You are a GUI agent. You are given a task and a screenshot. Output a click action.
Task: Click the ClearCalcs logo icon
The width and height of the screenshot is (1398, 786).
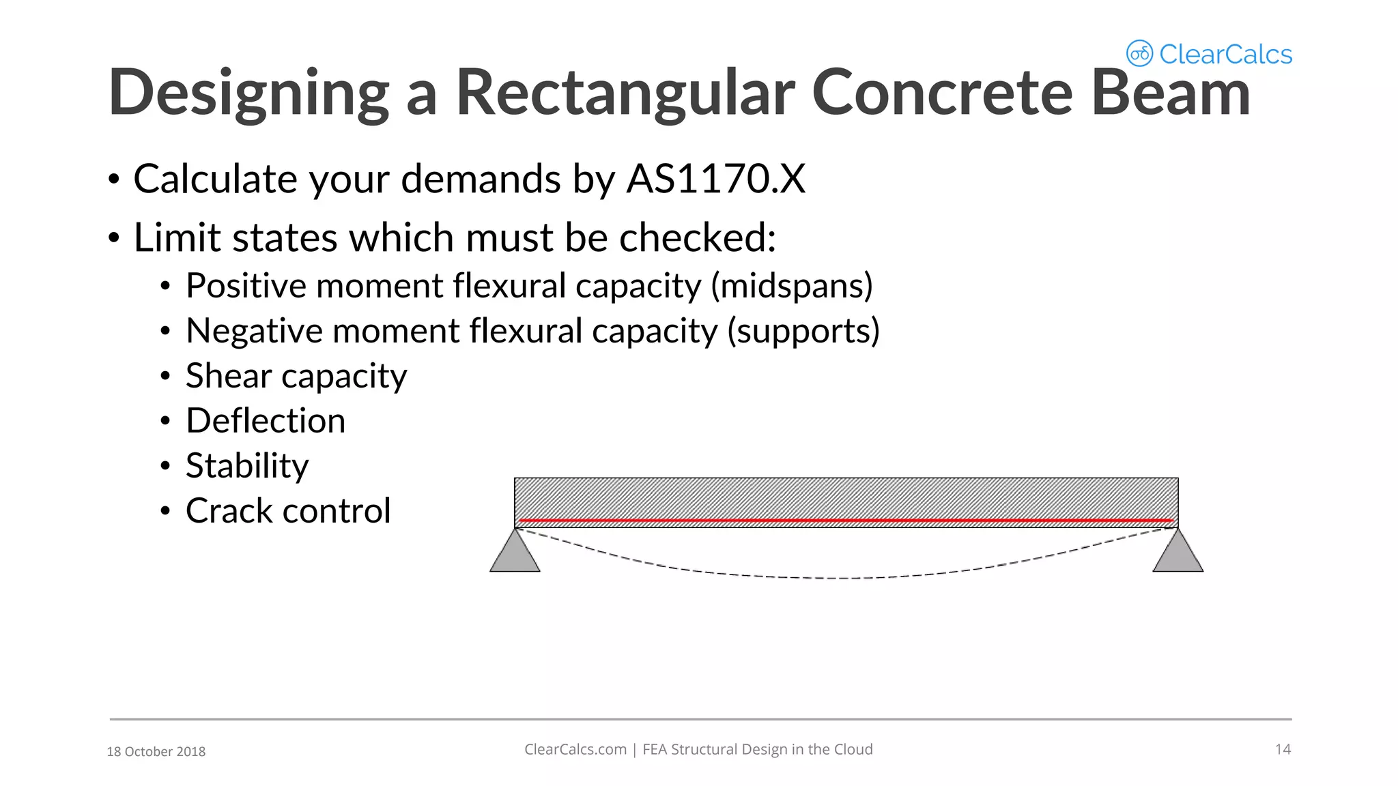[x=1139, y=53]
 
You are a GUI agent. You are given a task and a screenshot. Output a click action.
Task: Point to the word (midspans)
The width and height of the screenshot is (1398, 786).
[x=792, y=285]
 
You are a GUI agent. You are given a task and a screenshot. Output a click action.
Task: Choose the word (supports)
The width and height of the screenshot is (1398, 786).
[x=803, y=331]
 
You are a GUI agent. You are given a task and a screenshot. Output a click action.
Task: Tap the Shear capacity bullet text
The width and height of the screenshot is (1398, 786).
[x=296, y=376]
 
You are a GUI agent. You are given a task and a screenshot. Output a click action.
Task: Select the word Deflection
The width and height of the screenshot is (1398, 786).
[x=266, y=420]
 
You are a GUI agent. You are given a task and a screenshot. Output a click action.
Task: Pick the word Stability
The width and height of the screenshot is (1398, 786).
[x=247, y=466]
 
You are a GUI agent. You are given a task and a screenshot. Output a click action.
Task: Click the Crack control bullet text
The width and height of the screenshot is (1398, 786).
[x=288, y=510]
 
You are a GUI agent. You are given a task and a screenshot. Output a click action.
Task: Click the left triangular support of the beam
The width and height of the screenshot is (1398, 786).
[x=515, y=554]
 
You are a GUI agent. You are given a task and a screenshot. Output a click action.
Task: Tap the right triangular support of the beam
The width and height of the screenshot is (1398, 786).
[x=1178, y=554]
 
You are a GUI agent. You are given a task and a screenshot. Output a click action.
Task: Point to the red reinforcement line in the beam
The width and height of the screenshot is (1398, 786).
[x=846, y=521]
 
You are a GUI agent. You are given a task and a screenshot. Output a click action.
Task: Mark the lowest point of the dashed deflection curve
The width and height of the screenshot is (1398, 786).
[x=846, y=579]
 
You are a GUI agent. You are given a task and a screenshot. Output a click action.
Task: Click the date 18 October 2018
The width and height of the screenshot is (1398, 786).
[x=156, y=751]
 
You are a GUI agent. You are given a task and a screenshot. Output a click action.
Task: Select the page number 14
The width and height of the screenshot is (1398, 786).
[x=1283, y=749]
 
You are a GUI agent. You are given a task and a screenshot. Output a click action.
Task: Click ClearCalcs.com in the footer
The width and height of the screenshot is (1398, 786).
[x=575, y=749]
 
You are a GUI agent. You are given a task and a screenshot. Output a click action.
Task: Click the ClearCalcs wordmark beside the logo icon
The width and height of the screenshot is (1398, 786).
[x=1225, y=54]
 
